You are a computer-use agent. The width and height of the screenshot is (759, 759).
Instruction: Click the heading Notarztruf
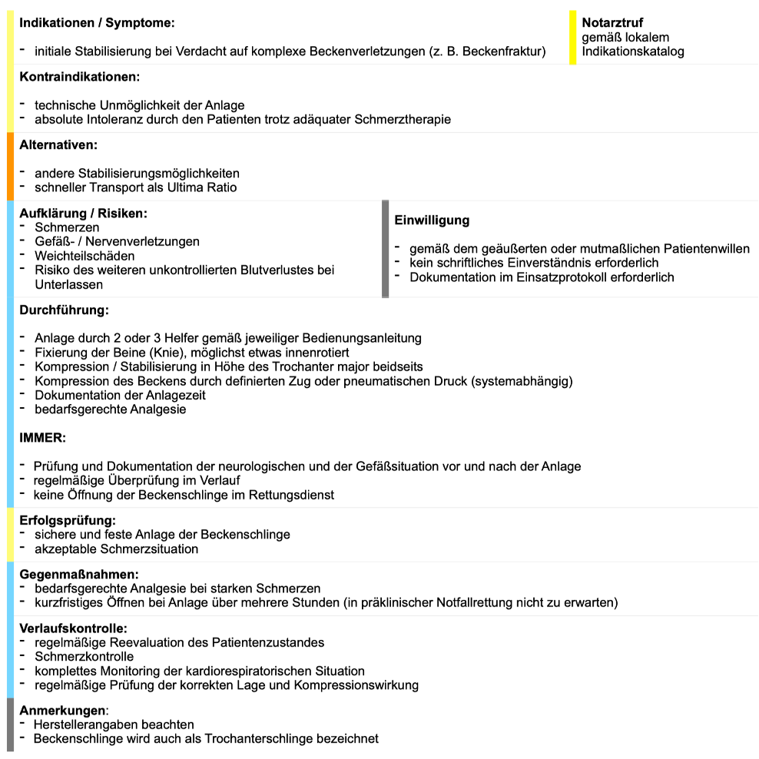coord(612,22)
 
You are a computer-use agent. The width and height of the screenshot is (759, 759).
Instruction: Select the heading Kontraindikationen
coord(79,77)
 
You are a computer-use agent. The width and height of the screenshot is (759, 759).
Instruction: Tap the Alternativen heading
coord(58,144)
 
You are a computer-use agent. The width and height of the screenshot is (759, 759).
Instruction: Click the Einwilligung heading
coord(432,220)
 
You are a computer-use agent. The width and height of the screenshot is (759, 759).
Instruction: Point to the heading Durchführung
coord(64,310)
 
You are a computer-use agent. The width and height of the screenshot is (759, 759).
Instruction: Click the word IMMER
coord(42,438)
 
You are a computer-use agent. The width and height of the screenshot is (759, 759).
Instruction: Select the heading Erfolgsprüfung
coord(68,520)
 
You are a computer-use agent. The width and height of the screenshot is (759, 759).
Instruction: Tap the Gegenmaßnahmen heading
coord(79,575)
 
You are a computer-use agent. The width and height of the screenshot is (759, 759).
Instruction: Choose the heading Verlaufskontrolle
coord(73,628)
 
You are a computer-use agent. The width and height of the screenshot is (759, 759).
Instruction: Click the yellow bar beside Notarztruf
coord(573,38)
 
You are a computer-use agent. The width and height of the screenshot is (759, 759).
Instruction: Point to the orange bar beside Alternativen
coord(10,166)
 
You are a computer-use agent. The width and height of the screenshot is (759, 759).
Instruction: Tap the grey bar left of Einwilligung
coord(386,249)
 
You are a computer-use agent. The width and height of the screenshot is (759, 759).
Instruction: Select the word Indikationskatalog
coord(633,51)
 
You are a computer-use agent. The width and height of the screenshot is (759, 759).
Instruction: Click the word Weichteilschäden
coord(85,256)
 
